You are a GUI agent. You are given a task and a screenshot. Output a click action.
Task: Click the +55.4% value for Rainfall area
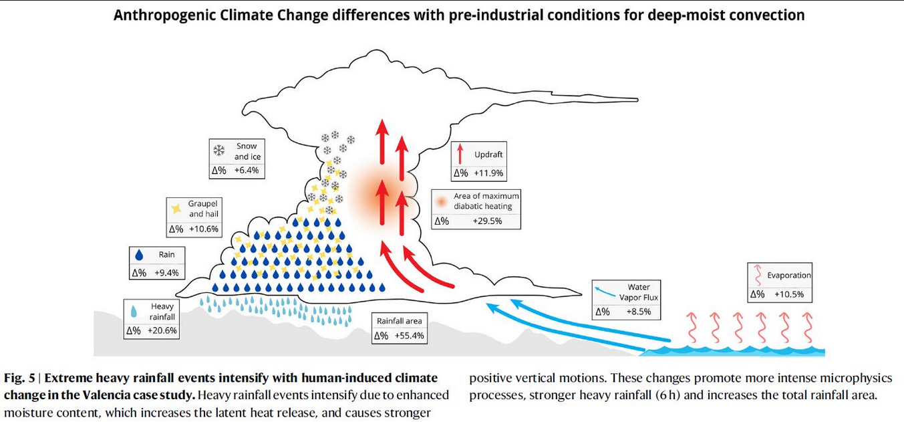click(x=409, y=336)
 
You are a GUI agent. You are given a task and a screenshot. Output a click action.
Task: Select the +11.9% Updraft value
click(x=488, y=173)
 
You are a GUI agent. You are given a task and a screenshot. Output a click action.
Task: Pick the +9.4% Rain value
click(x=166, y=273)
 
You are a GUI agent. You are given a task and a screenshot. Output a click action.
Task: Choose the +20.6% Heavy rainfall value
click(x=161, y=330)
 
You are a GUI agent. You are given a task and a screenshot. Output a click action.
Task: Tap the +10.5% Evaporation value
click(x=789, y=294)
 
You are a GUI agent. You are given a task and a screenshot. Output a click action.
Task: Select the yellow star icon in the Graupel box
click(x=176, y=209)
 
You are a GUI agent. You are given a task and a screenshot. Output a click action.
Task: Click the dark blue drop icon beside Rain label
click(x=140, y=255)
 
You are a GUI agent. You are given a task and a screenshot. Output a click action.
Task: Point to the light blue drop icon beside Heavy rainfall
click(x=134, y=312)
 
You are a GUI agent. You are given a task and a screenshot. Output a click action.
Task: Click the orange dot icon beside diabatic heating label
click(x=440, y=201)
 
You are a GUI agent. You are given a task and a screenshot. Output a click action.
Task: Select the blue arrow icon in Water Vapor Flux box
click(x=602, y=291)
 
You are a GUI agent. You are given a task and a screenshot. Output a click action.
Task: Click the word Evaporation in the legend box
click(x=788, y=275)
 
